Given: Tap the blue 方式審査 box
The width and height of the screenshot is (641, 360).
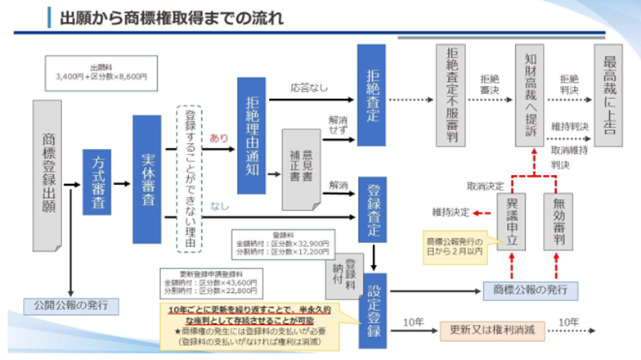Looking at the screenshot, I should (x=96, y=182).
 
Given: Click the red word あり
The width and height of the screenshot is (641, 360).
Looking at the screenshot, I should (x=219, y=137).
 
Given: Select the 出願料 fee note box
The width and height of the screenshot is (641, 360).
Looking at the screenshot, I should (x=95, y=72).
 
